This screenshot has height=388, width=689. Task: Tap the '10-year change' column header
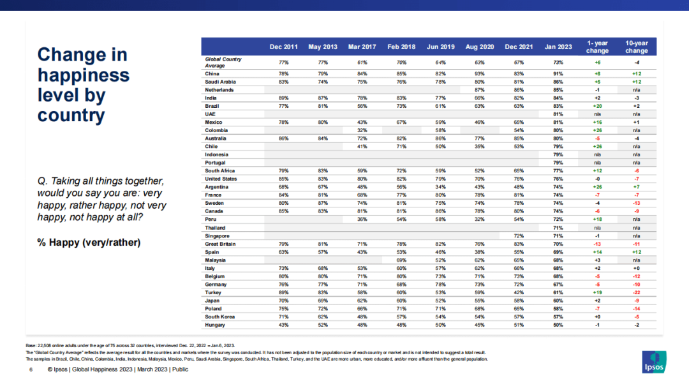[637, 47]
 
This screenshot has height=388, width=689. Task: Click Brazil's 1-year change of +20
[597, 106]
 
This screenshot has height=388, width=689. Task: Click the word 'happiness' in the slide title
[84, 75]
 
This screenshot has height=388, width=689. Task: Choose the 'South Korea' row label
[219, 316]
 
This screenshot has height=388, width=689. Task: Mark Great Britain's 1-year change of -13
[597, 243]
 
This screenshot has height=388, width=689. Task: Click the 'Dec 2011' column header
[283, 47]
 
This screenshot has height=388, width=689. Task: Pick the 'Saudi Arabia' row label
[221, 82]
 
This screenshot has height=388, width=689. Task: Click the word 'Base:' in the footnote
[31, 345]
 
